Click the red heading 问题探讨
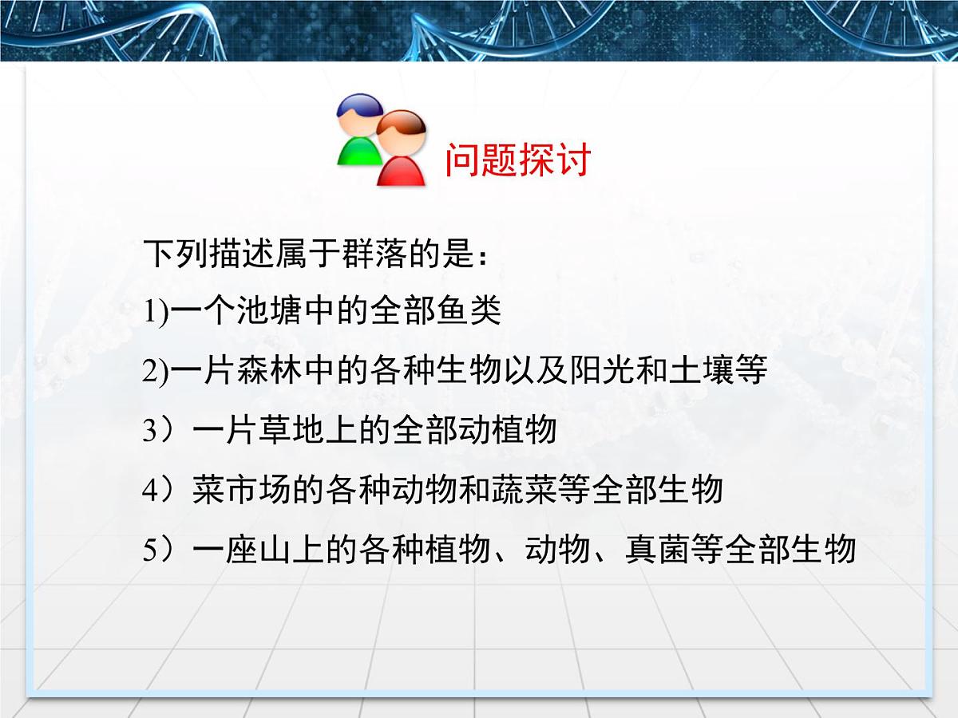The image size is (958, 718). [517, 160]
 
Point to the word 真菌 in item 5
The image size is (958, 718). [657, 550]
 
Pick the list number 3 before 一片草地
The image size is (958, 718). [152, 432]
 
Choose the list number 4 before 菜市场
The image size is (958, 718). [152, 491]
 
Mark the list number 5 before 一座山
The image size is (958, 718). [152, 550]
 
